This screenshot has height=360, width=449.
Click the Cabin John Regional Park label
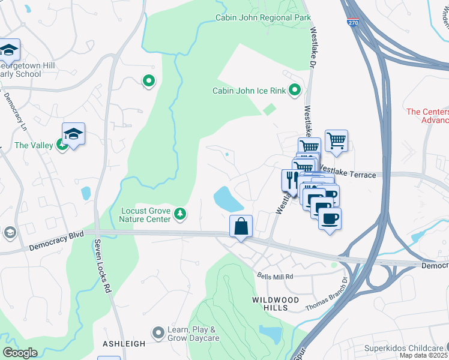pyautogui.click(x=264, y=18)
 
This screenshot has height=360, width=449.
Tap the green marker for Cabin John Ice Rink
pyautogui.click(x=295, y=91)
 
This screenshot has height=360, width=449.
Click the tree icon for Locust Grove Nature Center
pyautogui.click(x=179, y=213)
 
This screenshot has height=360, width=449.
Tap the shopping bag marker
pyautogui.click(x=241, y=227)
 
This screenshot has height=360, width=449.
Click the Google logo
pyautogui.click(x=20, y=353)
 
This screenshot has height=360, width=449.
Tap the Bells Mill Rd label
pyautogui.click(x=275, y=277)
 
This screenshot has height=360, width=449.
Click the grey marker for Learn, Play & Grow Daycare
pyautogui.click(x=158, y=332)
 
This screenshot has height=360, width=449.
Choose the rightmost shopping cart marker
pyautogui.click(x=336, y=141)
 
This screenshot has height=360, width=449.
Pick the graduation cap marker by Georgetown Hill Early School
pyautogui.click(x=9, y=49)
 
